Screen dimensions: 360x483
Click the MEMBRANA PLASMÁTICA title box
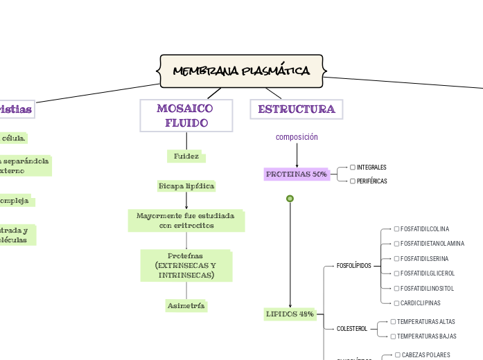tap(241, 71)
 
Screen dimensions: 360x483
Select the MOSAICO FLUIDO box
tap(186, 116)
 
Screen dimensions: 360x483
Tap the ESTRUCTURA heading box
tap(296, 109)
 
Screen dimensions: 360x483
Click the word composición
tap(297, 137)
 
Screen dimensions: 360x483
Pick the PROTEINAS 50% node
tap(297, 174)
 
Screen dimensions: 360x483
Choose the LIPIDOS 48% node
tap(290, 314)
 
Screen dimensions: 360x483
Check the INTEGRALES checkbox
tap(353, 168)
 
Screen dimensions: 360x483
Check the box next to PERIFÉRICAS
tap(353, 181)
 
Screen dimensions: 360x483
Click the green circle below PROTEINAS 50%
tap(290, 199)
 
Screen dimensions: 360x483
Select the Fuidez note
tap(186, 156)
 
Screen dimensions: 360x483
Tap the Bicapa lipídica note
tap(186, 186)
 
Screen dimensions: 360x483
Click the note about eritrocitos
tap(186, 221)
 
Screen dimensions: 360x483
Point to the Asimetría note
tap(186, 305)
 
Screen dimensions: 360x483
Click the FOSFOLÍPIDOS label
tap(353, 266)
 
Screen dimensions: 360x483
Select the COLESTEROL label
tap(351, 329)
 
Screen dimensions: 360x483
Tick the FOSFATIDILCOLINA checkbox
tap(396, 229)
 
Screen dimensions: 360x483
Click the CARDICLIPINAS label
tap(420, 303)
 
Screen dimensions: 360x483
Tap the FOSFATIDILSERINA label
tap(424, 259)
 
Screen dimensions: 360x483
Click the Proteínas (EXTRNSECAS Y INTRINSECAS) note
tap(186, 266)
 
